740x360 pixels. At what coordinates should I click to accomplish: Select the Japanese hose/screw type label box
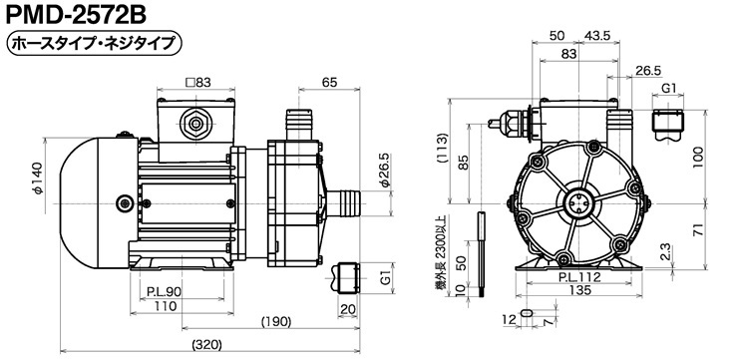coord(94,44)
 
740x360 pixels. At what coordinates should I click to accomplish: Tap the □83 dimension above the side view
coord(197,82)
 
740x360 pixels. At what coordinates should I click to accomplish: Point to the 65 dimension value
coord(329,82)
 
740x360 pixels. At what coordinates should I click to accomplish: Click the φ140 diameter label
coord(37,179)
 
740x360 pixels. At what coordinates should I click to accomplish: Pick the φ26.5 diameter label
coord(386,171)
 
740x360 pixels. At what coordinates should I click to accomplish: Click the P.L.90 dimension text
coord(164,292)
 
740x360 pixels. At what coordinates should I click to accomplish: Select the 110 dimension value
coord(166,306)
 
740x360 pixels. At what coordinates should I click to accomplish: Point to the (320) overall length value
coord(206,345)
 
